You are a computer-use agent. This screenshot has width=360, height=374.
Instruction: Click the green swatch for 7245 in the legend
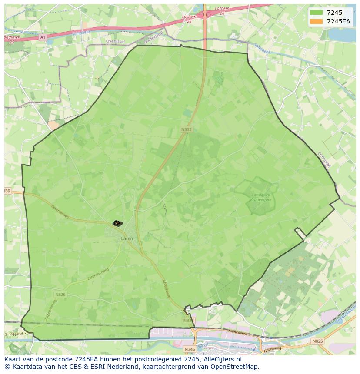click(316, 13)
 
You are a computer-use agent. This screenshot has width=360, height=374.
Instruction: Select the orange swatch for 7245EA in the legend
click(316, 22)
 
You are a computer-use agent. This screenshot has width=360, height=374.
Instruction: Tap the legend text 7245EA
click(338, 22)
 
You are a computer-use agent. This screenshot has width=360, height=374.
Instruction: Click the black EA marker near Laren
click(117, 223)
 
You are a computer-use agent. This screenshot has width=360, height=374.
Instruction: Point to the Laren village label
click(127, 238)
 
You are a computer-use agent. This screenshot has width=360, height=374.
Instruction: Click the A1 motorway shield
click(42, 38)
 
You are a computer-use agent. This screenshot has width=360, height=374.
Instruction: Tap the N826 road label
click(60, 295)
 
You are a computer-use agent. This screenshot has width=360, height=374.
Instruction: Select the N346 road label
click(190, 349)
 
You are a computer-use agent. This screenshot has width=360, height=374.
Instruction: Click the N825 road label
click(317, 341)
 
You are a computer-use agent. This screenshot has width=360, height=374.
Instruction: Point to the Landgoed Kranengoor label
click(261, 198)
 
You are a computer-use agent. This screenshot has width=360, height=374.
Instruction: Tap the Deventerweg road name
click(60, 212)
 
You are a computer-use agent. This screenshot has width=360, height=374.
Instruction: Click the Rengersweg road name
click(165, 288)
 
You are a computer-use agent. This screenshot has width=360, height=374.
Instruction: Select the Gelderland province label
click(154, 38)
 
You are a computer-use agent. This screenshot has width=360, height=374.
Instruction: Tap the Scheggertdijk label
click(16, 334)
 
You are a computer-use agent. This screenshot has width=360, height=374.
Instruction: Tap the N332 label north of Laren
click(187, 129)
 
